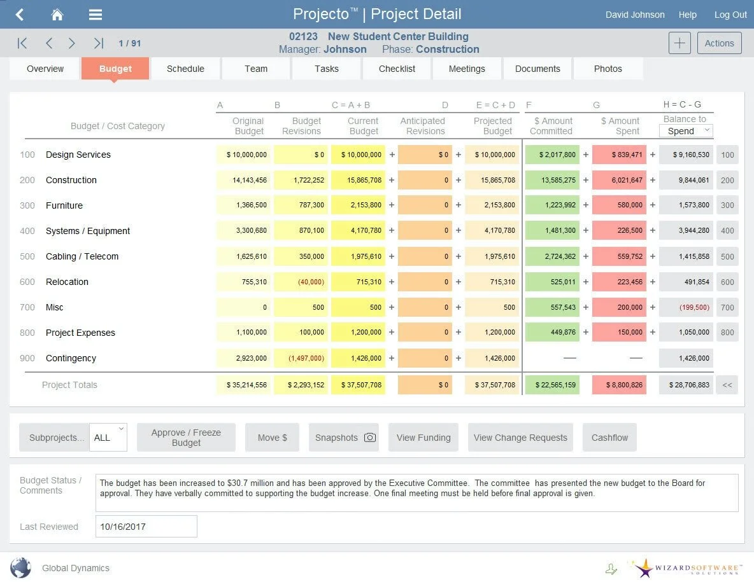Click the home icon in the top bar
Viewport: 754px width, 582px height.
tap(57, 15)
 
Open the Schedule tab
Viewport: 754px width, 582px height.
tap(185, 69)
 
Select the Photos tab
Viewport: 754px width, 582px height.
tap(608, 69)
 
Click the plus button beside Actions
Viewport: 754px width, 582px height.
tap(679, 43)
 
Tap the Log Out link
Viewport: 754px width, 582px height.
tap(730, 15)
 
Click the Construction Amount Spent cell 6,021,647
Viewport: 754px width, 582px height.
tap(619, 180)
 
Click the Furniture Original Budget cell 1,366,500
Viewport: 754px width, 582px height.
tap(243, 205)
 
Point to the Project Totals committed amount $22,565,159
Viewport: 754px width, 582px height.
tap(552, 385)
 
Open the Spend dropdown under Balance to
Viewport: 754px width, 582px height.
tap(686, 131)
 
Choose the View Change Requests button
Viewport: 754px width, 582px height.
tap(520, 438)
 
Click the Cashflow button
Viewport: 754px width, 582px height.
tap(609, 438)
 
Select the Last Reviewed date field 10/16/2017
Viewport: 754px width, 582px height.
tap(146, 527)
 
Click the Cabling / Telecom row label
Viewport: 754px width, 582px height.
tap(82, 256)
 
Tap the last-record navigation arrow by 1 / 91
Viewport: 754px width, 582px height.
tap(98, 43)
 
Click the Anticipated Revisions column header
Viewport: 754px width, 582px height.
tap(423, 126)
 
